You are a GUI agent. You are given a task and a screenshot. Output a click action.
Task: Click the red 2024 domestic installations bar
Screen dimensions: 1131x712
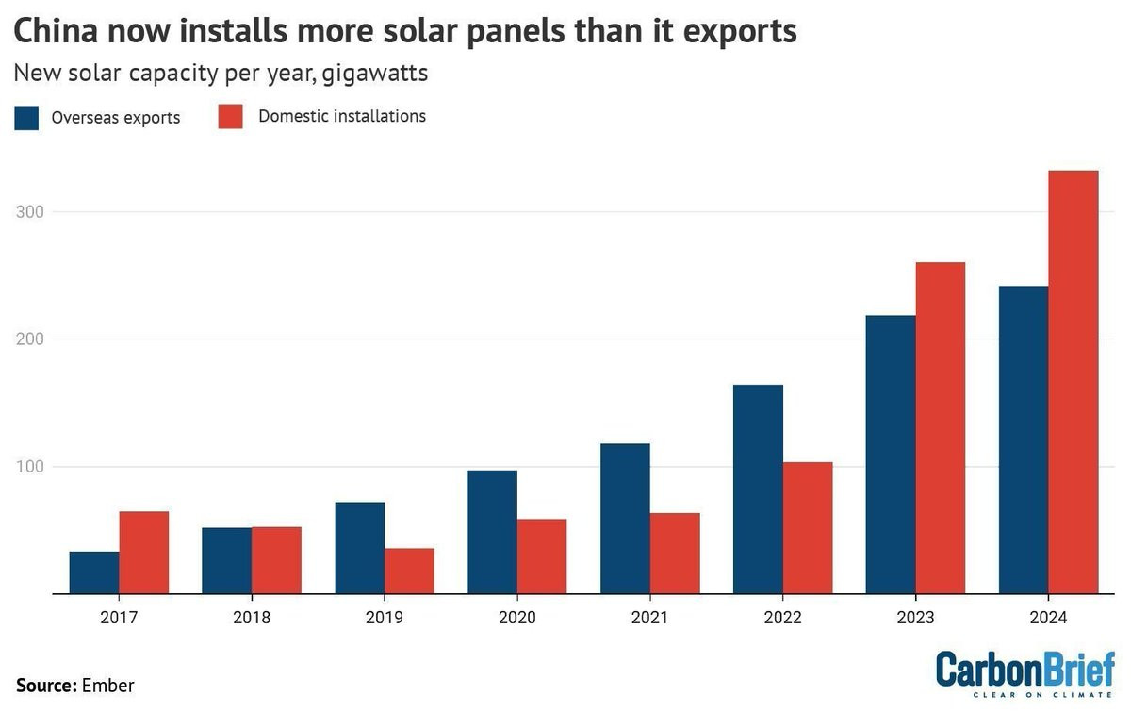(x=1074, y=382)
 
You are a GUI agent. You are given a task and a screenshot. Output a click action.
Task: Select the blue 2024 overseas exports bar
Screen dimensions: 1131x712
(x=1024, y=439)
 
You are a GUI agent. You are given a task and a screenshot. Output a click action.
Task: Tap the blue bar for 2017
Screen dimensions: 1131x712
(x=94, y=572)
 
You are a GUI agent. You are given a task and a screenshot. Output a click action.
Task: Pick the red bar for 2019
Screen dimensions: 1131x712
(x=409, y=571)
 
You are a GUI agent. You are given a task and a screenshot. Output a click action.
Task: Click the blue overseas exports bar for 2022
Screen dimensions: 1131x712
(x=759, y=489)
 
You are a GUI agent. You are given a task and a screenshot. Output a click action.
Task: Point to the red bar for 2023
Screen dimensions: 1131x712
(x=941, y=428)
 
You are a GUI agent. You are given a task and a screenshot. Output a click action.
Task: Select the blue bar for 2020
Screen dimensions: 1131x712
(x=493, y=532)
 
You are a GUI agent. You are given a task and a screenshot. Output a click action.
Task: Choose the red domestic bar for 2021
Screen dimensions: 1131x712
(x=675, y=554)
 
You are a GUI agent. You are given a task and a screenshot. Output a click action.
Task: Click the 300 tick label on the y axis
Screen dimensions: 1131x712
(x=30, y=212)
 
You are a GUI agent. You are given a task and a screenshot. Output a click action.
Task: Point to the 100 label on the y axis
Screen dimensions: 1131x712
(x=30, y=467)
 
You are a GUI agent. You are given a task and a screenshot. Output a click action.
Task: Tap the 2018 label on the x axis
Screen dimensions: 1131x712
(x=252, y=618)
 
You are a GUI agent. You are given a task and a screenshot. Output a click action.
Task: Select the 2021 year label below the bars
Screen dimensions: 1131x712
(x=649, y=618)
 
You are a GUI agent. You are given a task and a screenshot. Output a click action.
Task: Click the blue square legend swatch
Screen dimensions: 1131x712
(x=26, y=118)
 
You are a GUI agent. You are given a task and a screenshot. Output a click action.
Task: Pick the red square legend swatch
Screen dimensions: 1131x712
(x=230, y=117)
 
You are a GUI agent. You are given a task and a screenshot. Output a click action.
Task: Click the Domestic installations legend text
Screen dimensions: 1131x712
(x=342, y=116)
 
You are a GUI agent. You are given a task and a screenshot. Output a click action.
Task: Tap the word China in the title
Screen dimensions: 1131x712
(x=56, y=31)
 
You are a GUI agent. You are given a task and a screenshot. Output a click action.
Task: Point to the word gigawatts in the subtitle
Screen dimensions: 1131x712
(x=375, y=74)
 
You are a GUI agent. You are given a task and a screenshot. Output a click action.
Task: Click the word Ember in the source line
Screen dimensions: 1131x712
(x=108, y=686)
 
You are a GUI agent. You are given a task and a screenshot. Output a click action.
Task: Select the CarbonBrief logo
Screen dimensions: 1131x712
(x=1025, y=673)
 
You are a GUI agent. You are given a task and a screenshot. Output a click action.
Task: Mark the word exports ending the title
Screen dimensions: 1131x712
(x=740, y=32)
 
